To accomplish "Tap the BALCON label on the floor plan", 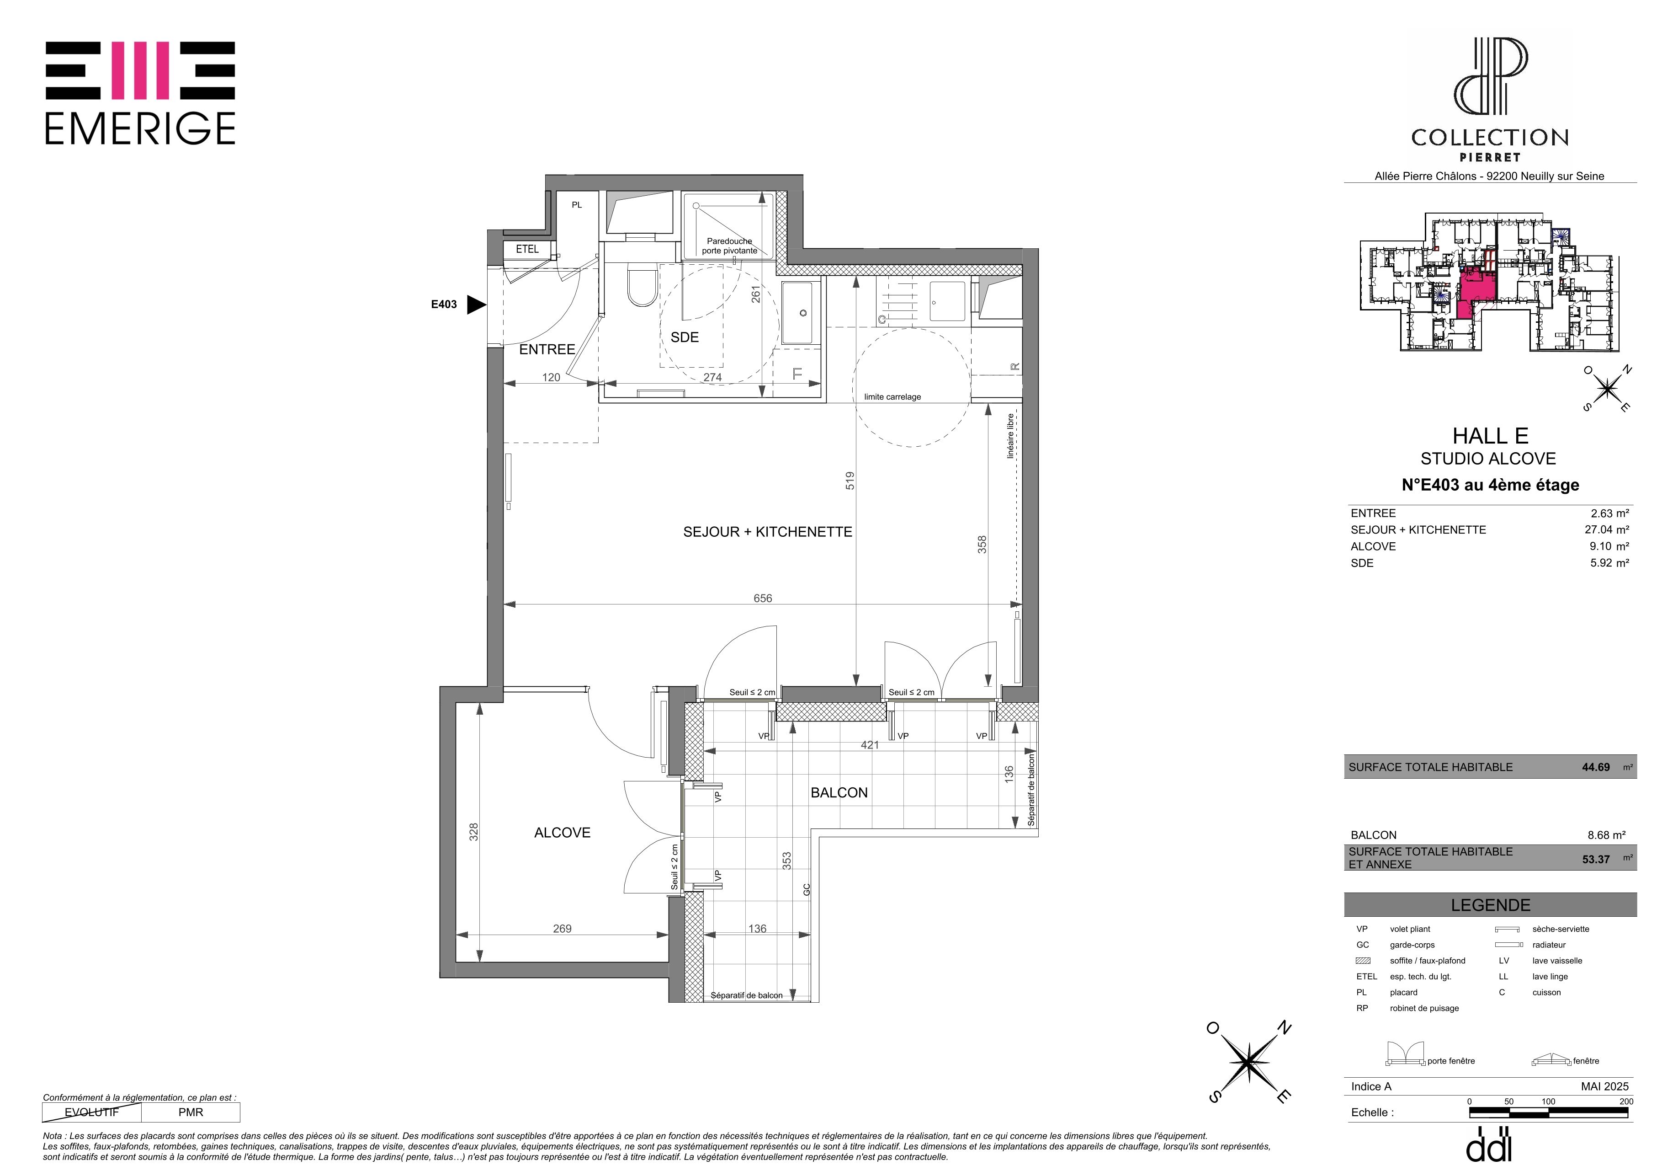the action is (x=839, y=793).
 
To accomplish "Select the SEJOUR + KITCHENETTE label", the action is (x=767, y=532).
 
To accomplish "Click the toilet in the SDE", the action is (x=641, y=284).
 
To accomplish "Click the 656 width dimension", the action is (x=763, y=598).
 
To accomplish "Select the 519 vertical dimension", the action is (x=850, y=481).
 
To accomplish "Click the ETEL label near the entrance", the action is (x=527, y=249).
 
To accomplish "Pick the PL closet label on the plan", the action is (x=577, y=205).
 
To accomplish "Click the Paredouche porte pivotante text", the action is (x=730, y=246).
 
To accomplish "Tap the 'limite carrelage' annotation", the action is (x=892, y=397).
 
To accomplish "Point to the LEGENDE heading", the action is (x=1491, y=905).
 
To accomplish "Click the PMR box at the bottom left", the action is (x=191, y=1112).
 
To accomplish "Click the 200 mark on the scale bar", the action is (x=1626, y=1101).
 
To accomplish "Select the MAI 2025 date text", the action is (x=1605, y=1086).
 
